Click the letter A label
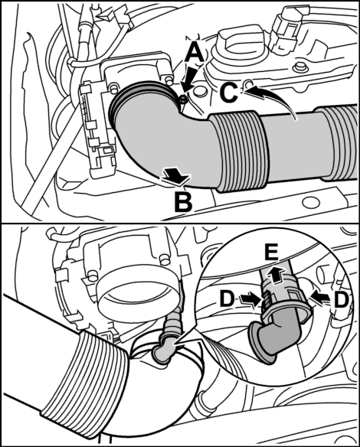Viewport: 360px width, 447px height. tap(195, 53)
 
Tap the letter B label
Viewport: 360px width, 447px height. tap(183, 202)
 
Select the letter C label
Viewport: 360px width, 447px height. tap(229, 93)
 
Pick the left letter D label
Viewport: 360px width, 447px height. tap(227, 300)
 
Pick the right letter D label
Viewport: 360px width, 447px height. tap(341, 301)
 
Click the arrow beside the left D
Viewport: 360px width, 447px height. tap(250, 300)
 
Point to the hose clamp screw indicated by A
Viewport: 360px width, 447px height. tap(183, 99)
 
